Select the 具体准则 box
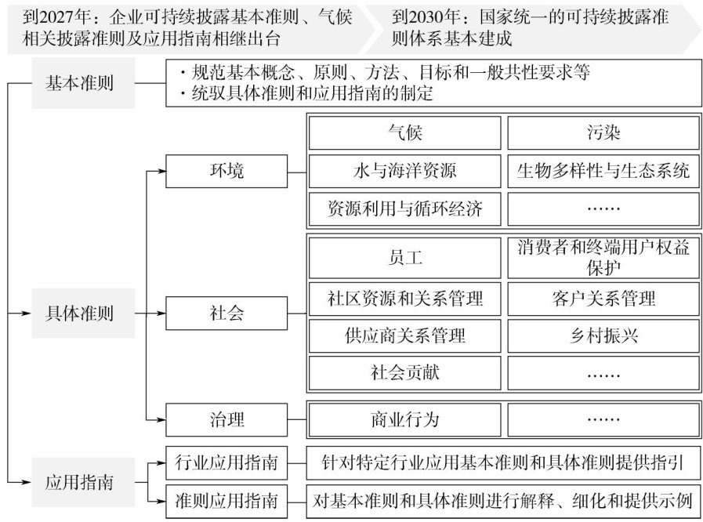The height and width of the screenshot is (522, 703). (x=78, y=314)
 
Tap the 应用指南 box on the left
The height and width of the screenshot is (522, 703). (x=78, y=480)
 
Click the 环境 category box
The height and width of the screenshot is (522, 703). (x=226, y=170)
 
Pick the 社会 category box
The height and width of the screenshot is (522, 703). (x=226, y=314)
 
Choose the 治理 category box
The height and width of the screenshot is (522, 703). (x=226, y=419)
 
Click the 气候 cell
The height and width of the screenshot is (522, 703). (x=404, y=132)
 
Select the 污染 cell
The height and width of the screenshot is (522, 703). (x=603, y=132)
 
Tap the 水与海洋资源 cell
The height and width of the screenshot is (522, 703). (x=404, y=170)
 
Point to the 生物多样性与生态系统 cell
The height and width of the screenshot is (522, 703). (x=603, y=170)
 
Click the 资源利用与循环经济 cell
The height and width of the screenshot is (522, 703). (x=404, y=208)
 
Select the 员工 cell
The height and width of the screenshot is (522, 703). (x=404, y=257)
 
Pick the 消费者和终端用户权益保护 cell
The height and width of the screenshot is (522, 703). (x=603, y=257)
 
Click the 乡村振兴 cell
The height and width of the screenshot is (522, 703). (x=603, y=335)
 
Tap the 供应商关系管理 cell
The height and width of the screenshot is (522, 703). (x=404, y=335)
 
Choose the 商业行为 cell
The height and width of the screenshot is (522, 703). (x=404, y=419)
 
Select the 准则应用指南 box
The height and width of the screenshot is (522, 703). (x=226, y=499)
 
